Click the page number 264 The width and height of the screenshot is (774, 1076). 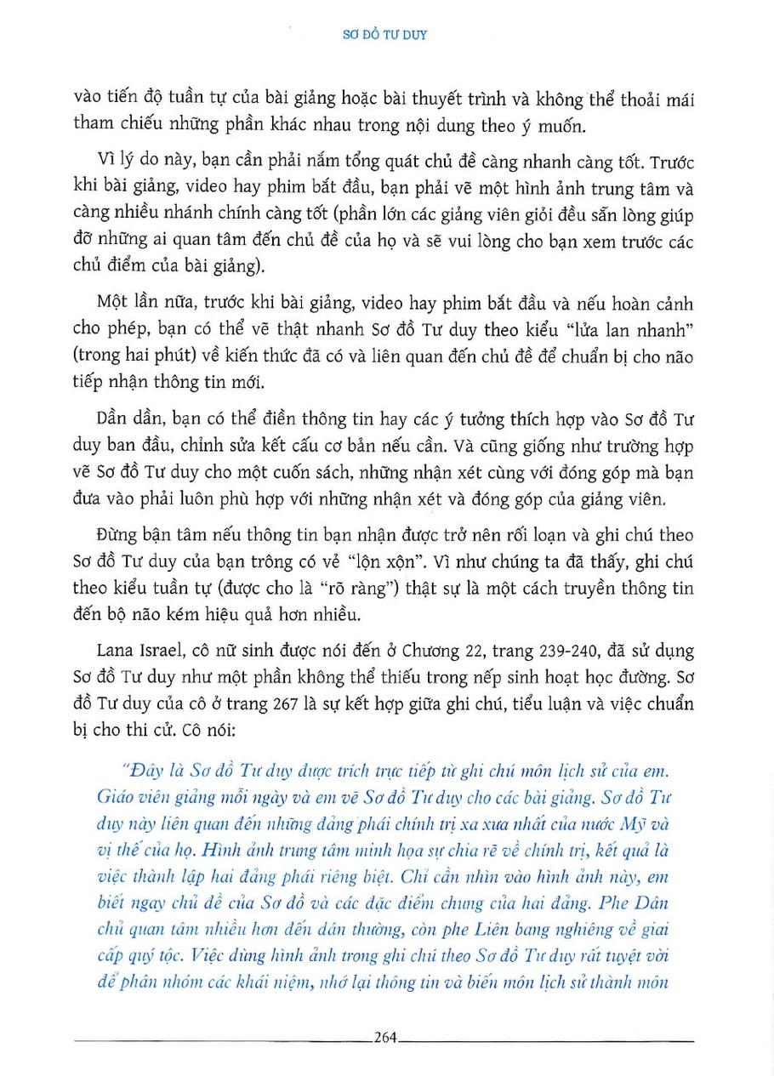click(386, 1036)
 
